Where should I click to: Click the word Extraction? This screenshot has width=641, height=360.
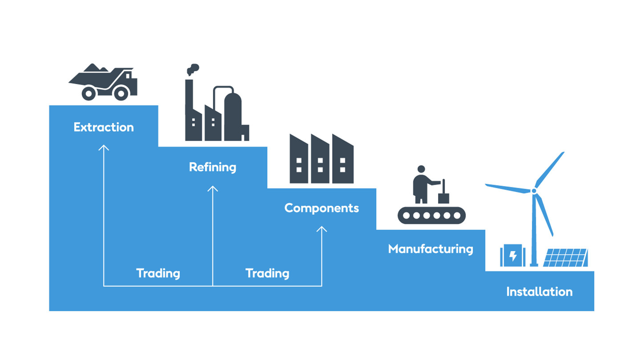(x=104, y=127)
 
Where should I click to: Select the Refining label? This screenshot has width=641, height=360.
(x=212, y=167)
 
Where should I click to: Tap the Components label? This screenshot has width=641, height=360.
(x=321, y=208)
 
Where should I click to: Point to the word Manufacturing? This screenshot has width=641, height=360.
(x=430, y=248)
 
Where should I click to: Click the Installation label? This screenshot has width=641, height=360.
(x=539, y=292)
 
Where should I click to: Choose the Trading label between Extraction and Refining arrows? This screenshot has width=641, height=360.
(x=158, y=273)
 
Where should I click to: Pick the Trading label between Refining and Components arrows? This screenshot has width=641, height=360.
(x=267, y=273)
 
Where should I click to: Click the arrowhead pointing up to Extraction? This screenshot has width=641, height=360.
(x=104, y=147)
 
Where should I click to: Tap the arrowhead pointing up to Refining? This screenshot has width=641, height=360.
(x=213, y=188)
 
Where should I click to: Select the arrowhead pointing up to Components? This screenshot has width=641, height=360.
(x=321, y=229)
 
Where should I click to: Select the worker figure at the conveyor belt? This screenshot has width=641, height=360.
(x=421, y=184)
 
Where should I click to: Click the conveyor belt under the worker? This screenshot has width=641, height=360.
(x=431, y=215)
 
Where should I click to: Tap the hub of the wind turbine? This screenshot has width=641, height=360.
(x=534, y=191)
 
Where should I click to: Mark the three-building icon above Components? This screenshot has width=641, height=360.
(x=321, y=159)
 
